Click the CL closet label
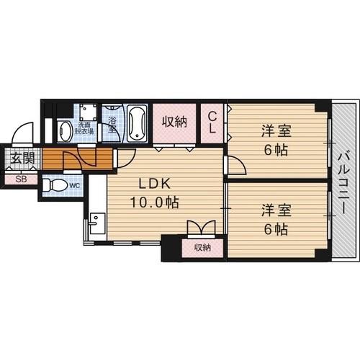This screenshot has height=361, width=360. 213,122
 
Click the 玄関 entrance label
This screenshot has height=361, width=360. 21,158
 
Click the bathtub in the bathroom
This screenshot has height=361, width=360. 137,124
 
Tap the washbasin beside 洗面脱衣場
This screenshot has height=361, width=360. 65,130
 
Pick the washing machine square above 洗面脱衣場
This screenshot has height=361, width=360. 89,112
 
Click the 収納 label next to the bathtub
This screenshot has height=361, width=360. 174,122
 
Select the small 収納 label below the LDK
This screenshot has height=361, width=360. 202,248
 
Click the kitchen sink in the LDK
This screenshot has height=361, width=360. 97,227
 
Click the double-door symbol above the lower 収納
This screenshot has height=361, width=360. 201,228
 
